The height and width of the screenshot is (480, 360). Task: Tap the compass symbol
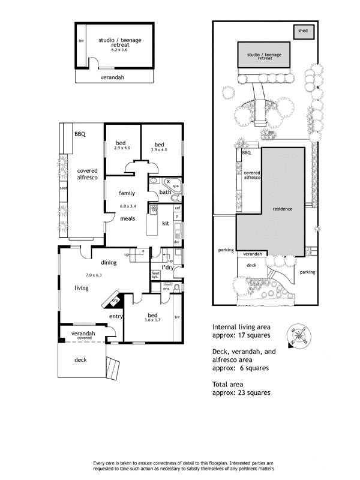pyautogui.click(x=297, y=333)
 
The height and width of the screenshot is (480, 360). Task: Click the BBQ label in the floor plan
pyautogui.click(x=80, y=135)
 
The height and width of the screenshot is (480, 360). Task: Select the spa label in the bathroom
pyautogui.click(x=176, y=186)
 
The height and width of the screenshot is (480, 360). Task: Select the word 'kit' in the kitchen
pyautogui.click(x=166, y=223)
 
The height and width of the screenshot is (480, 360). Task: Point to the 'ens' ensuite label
pyautogui.click(x=157, y=289)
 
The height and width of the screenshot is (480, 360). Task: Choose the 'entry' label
pyautogui.click(x=116, y=316)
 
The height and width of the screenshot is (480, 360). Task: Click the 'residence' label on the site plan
pyautogui.click(x=283, y=209)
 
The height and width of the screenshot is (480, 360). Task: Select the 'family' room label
pyautogui.click(x=126, y=193)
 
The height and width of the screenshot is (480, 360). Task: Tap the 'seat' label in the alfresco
pyautogui.click(x=63, y=188)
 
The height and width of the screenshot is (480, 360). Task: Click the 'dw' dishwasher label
pyautogui.click(x=177, y=242)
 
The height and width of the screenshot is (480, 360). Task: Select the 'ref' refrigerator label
pyautogui.click(x=177, y=208)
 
